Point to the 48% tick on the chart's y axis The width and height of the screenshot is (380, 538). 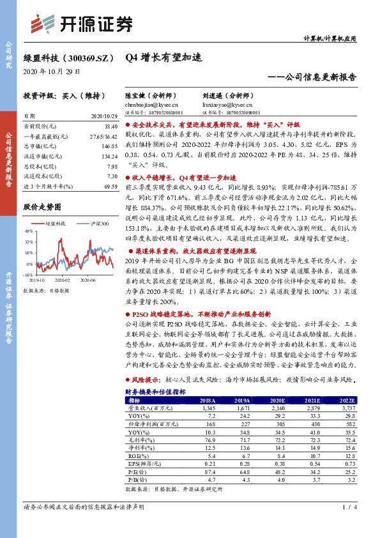(29, 233)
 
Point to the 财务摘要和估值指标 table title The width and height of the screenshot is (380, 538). (156, 392)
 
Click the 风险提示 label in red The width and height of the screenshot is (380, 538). (146, 380)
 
